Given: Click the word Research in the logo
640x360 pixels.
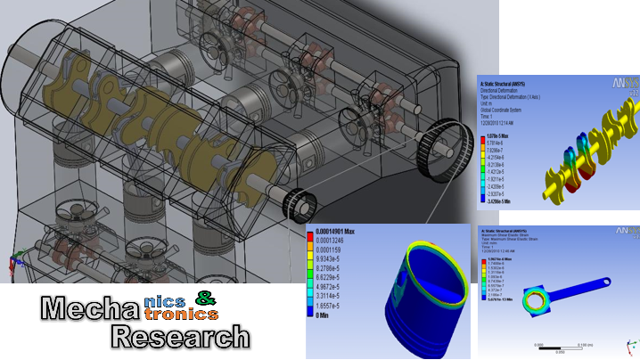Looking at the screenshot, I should [x=179, y=336].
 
